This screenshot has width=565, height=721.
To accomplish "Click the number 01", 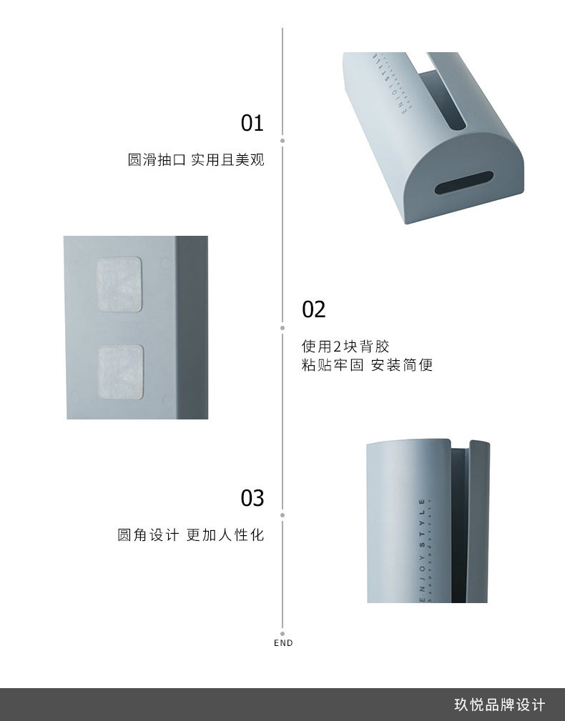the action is [252, 124].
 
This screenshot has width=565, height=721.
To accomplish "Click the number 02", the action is [313, 309].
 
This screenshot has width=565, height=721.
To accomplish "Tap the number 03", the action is [252, 497].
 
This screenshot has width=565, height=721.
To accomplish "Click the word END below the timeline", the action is [283, 643].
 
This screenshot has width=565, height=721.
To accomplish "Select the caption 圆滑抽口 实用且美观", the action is [196, 160].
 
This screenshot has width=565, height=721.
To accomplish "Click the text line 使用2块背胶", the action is [345, 347].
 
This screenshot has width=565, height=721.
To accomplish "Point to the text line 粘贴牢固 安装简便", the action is [367, 366].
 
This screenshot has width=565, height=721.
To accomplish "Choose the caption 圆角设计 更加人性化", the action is [191, 534].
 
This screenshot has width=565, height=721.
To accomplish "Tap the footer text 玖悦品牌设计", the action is [499, 705].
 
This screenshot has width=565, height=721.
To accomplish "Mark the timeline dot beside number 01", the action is [283, 140].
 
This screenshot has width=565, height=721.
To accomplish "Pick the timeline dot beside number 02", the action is [283, 327].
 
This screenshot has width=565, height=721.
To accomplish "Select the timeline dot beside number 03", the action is [283, 514].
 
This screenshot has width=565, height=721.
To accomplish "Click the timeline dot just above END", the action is [283, 632].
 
